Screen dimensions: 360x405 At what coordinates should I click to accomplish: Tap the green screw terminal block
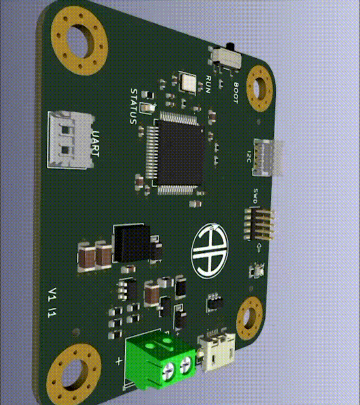tap(160, 359)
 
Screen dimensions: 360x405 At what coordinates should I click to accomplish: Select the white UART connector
tap(71, 140)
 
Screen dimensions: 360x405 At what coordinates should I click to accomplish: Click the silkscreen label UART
tap(96, 144)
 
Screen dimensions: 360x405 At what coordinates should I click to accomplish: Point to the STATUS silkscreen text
tap(133, 107)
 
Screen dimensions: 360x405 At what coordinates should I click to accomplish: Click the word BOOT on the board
tap(236, 93)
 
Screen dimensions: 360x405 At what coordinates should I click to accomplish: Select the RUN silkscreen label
tap(208, 85)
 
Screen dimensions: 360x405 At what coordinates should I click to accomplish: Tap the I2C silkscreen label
tap(249, 156)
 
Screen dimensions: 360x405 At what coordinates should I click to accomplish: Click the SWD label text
tap(255, 196)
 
